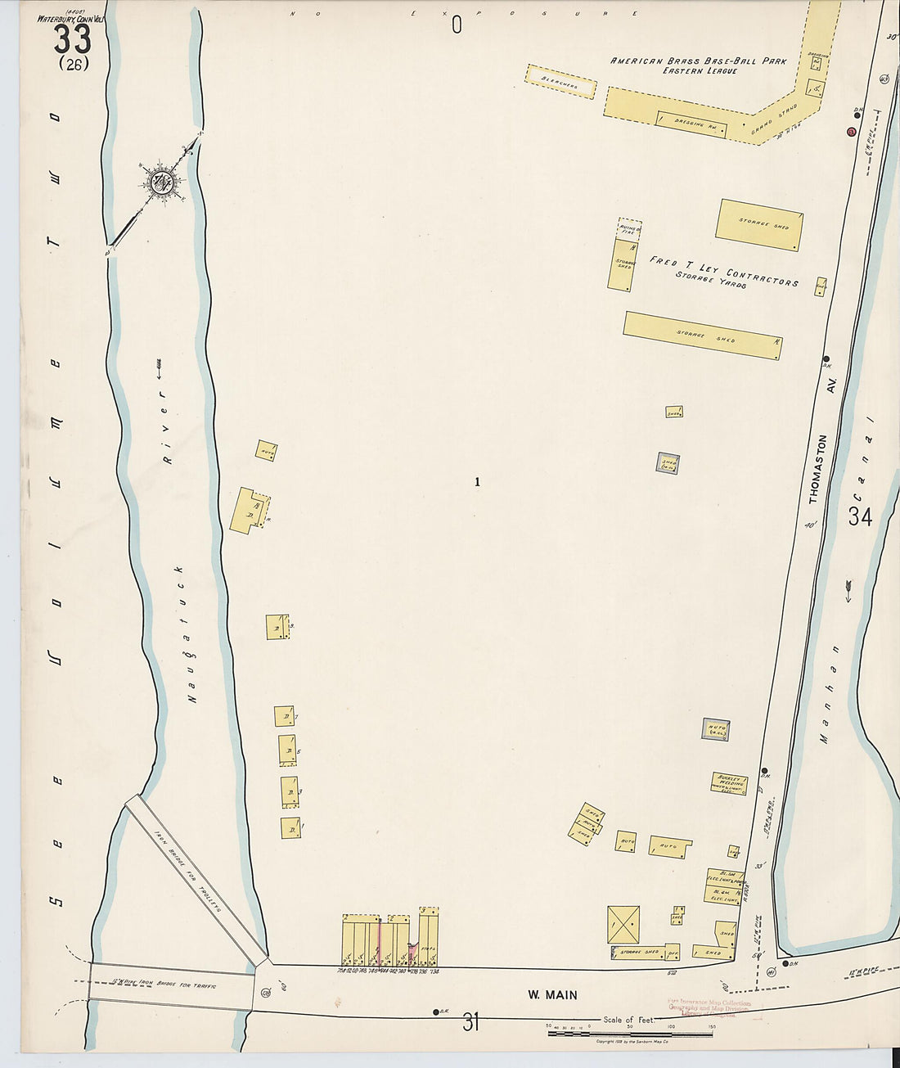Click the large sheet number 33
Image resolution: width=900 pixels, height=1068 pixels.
tap(72, 38)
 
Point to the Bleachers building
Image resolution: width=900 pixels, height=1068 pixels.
tap(560, 82)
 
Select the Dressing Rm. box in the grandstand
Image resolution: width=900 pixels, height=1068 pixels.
tap(691, 123)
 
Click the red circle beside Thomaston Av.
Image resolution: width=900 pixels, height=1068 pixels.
tap(851, 132)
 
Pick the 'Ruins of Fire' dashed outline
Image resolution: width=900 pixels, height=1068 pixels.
tap(628, 229)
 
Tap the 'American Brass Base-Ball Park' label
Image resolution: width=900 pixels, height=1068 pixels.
tap(698, 61)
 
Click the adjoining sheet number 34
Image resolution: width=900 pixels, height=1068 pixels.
tap(860, 517)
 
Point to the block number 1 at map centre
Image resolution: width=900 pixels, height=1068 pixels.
tap(477, 482)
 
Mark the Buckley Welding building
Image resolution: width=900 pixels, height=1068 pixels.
tap(729, 783)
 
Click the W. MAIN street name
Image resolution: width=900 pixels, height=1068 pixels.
tap(551, 995)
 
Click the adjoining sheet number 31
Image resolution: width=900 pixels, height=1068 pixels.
tap(470, 1022)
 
